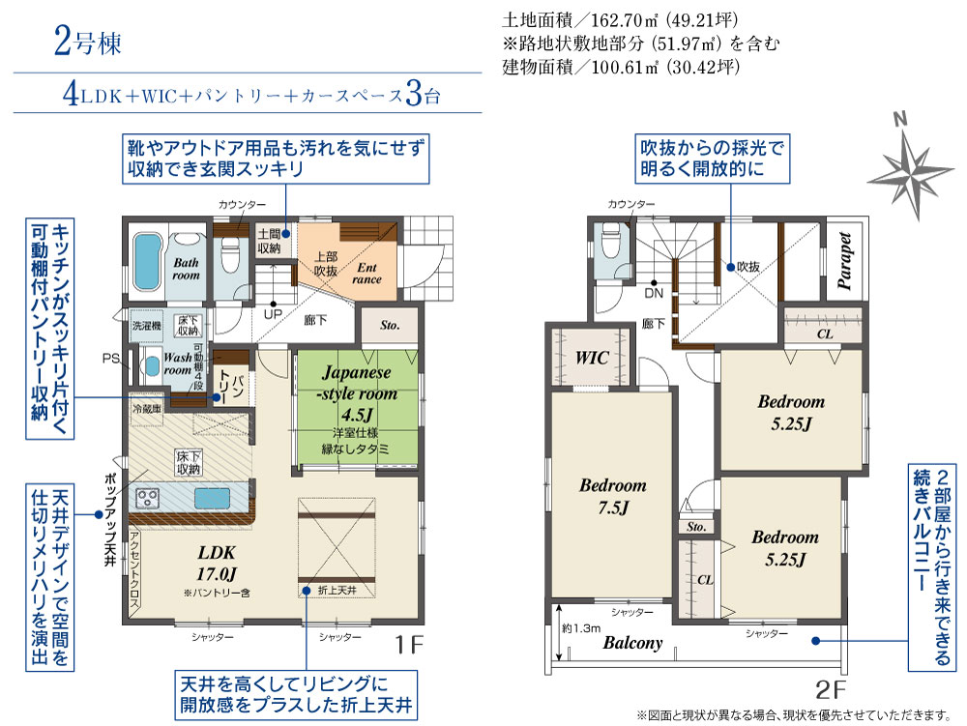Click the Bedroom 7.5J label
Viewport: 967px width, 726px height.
point(612,495)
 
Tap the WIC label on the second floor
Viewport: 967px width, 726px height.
point(591,358)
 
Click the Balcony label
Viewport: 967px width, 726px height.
point(632,643)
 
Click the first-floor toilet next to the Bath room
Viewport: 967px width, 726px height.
point(229,258)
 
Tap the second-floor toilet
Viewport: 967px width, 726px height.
point(611,246)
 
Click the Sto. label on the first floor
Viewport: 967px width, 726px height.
point(390,325)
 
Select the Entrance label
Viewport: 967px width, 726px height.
point(367,274)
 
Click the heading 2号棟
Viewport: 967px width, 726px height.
point(87,44)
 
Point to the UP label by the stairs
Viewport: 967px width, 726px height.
point(274,314)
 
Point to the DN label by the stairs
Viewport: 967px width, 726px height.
point(654,293)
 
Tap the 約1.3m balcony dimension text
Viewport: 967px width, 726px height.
point(576,629)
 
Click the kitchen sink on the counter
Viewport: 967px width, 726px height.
point(211,498)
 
